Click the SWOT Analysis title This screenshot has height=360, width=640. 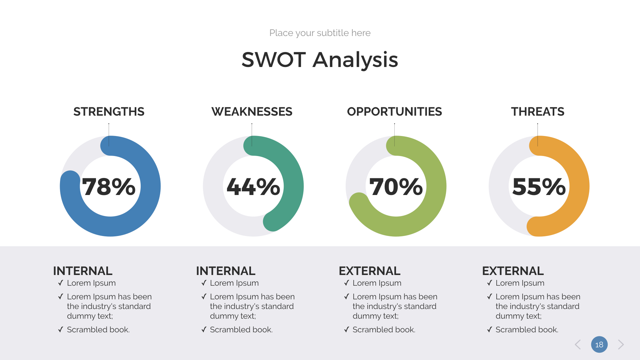[x=320, y=60]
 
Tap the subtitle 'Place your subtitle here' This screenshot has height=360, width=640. [x=320, y=33]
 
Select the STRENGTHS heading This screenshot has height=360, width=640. [x=109, y=112]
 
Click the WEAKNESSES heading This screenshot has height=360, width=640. [x=252, y=112]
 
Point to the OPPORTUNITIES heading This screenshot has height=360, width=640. [x=394, y=112]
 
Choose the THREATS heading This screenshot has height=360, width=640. [x=537, y=112]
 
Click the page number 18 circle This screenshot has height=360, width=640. [x=599, y=344]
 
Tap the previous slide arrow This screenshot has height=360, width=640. [x=578, y=344]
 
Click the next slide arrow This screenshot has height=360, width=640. [x=620, y=344]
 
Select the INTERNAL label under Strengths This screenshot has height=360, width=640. [x=83, y=271]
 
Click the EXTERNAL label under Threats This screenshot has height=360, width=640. [x=513, y=271]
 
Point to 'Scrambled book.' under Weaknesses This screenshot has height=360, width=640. [x=241, y=330]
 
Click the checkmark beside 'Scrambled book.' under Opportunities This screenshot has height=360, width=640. [x=347, y=330]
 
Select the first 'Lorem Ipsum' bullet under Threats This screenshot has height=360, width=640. [x=520, y=283]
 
